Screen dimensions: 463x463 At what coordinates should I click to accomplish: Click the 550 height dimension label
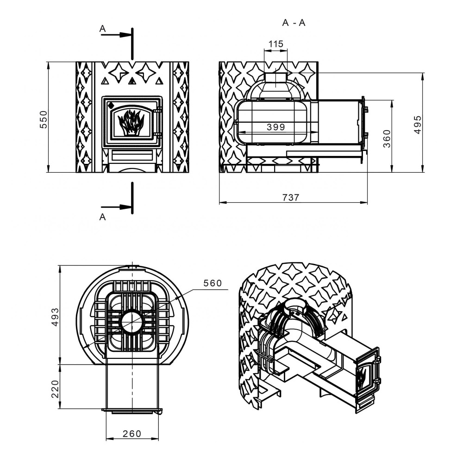pos(44,119)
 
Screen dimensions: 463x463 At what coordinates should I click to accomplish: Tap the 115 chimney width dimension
pos(276,44)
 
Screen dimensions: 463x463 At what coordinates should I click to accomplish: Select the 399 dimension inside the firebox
pos(276,127)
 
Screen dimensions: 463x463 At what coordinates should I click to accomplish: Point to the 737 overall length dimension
pos(291,197)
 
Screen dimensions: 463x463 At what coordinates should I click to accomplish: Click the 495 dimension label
pos(418,125)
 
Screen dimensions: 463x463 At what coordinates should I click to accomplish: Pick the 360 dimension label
pos(387,138)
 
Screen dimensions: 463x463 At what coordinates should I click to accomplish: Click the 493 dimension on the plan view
pos(55,317)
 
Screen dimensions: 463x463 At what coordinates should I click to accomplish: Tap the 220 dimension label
pos(55,389)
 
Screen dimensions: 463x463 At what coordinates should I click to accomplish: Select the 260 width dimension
pos(132,433)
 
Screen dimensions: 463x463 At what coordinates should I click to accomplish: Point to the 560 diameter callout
pos(213,283)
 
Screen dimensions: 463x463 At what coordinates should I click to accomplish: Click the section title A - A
pos(294,23)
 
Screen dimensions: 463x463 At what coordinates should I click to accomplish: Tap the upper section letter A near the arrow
pos(102,29)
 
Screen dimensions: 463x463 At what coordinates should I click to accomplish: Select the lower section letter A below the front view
pos(102,217)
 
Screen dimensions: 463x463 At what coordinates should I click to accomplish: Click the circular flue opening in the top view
pos(132,322)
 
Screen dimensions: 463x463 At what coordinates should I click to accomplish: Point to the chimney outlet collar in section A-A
pos(276,80)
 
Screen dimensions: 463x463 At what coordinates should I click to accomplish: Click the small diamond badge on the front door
pos(111,105)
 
